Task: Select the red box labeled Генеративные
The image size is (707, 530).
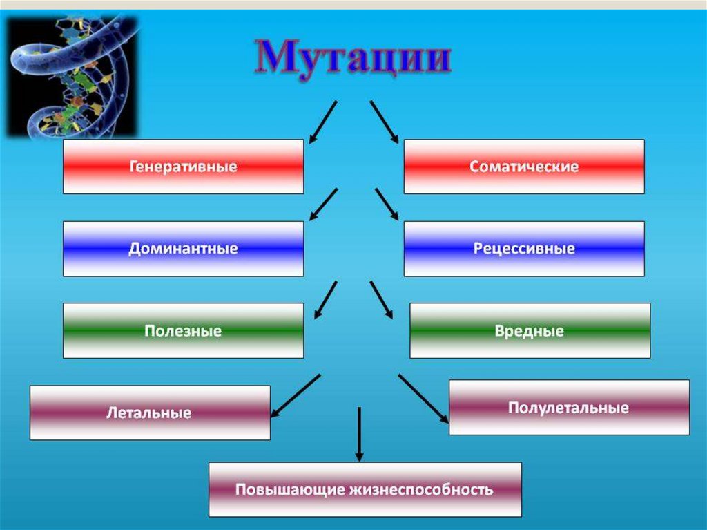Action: tap(183, 167)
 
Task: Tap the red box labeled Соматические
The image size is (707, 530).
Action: tap(524, 167)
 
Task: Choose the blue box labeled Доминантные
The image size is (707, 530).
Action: tap(183, 249)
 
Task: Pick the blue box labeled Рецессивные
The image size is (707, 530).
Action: tap(524, 249)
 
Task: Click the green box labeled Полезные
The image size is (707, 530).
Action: tap(183, 331)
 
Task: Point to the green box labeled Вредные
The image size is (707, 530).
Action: tap(530, 331)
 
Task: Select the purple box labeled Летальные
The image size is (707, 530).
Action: tap(150, 413)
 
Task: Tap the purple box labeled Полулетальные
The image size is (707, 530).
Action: tap(569, 408)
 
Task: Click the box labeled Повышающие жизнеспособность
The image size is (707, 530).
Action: tap(365, 490)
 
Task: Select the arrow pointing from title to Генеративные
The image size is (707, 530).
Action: tap(323, 122)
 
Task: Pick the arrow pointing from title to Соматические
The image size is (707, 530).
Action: tap(384, 122)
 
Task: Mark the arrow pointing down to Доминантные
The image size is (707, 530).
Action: tap(323, 205)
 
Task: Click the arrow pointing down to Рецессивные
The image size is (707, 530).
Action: tap(388, 205)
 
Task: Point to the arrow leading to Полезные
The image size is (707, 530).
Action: tap(326, 299)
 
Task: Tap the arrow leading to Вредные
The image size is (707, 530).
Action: tap(381, 299)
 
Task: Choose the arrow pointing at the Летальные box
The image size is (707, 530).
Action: tap(296, 396)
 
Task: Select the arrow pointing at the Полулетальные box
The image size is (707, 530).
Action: tap(423, 398)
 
